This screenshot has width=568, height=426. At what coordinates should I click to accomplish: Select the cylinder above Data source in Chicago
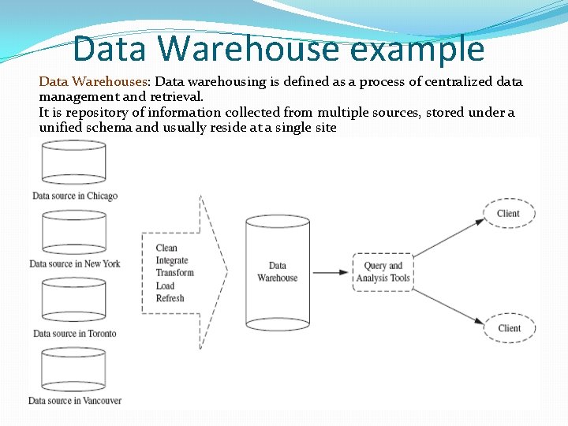(74, 163)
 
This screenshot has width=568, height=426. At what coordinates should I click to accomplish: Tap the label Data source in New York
(75, 263)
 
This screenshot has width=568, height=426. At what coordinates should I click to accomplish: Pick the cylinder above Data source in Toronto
(74, 301)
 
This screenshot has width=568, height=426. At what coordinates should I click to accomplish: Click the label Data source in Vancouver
(75, 401)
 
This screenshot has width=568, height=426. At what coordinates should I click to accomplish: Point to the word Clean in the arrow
(166, 248)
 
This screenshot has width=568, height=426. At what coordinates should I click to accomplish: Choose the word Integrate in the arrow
(172, 261)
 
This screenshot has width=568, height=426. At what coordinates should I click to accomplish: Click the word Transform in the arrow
(174, 273)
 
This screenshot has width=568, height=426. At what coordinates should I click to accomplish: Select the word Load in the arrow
(165, 286)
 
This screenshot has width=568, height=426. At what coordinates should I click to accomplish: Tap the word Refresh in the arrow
(170, 298)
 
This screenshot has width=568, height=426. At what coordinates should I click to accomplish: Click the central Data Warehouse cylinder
(277, 272)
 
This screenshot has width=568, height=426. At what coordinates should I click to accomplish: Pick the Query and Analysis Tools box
(383, 272)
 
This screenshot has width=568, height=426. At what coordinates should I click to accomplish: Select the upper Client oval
(509, 214)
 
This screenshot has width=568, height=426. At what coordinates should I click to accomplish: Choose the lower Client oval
(509, 328)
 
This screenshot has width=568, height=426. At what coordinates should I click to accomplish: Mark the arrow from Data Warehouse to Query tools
(330, 272)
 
